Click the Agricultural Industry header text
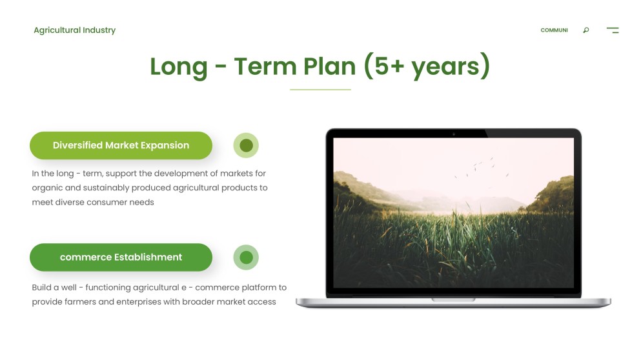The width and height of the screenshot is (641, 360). click(74, 30)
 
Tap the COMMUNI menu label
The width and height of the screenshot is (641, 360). click(554, 30)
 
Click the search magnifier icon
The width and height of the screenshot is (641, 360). click(585, 30)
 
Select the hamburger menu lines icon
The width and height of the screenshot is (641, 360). click(613, 30)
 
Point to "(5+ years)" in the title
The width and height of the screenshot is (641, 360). click(427, 66)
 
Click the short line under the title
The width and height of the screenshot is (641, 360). click(320, 90)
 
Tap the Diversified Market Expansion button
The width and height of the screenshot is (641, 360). click(121, 146)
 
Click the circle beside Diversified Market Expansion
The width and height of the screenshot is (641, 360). click(246, 146)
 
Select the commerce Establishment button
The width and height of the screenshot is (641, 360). click(121, 257)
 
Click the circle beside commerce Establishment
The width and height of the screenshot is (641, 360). click(246, 257)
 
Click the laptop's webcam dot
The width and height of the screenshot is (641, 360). click(453, 134)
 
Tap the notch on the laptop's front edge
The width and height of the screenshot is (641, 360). click(453, 299)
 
